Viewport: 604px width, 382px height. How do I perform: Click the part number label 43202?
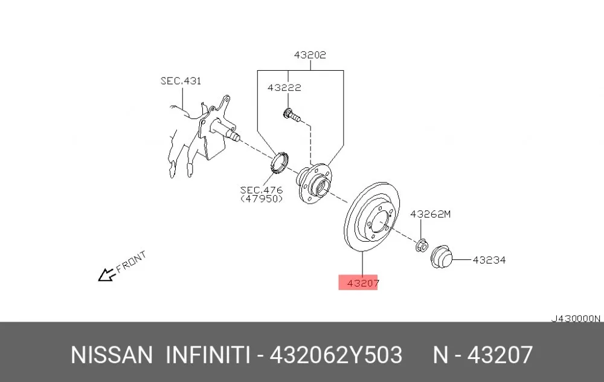[310, 55]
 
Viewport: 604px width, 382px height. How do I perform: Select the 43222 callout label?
[284, 88]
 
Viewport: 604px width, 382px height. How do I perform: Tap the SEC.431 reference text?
[181, 81]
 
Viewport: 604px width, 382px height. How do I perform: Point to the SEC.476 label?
[261, 190]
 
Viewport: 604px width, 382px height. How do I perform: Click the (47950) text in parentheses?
[262, 199]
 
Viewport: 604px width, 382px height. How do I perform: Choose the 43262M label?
[430, 214]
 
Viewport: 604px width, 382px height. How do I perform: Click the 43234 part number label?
[489, 260]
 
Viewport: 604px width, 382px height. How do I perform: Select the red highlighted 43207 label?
[358, 283]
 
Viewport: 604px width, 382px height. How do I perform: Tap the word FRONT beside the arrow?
[131, 262]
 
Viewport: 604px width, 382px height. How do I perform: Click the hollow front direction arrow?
[106, 274]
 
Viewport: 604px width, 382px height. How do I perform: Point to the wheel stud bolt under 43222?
[292, 115]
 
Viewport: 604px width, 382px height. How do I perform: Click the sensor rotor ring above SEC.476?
[278, 163]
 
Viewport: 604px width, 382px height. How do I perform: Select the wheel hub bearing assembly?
[314, 183]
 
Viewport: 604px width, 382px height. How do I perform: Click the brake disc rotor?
[371, 216]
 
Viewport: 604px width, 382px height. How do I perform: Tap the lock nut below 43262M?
[422, 245]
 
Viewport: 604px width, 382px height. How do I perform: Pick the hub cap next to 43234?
[441, 256]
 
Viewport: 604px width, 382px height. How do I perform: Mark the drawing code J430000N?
[576, 319]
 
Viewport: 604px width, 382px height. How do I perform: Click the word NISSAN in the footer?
[112, 355]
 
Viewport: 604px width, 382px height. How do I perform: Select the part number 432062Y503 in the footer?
[336, 355]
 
